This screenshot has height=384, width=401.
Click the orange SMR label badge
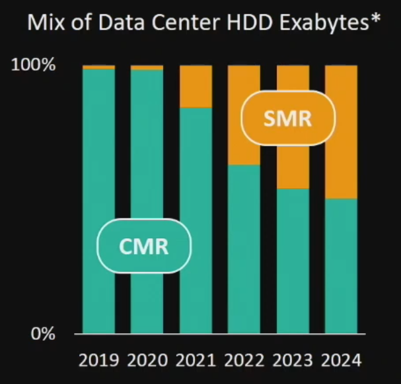click(287, 119)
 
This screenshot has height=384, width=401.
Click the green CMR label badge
click(144, 246)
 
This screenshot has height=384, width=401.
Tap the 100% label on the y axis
click(34, 65)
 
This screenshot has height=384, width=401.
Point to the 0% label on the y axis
click(43, 333)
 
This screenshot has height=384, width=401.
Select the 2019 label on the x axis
click(99, 360)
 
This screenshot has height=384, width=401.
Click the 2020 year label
click(147, 360)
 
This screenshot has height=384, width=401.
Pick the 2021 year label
click(196, 360)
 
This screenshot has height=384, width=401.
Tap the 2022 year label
click(244, 360)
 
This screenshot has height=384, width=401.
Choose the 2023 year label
click(293, 360)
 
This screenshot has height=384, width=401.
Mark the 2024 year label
click(341, 360)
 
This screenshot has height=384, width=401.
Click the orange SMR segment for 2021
click(196, 86)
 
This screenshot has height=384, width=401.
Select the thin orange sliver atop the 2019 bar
click(99, 67)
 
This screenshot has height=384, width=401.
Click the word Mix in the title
click(44, 24)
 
